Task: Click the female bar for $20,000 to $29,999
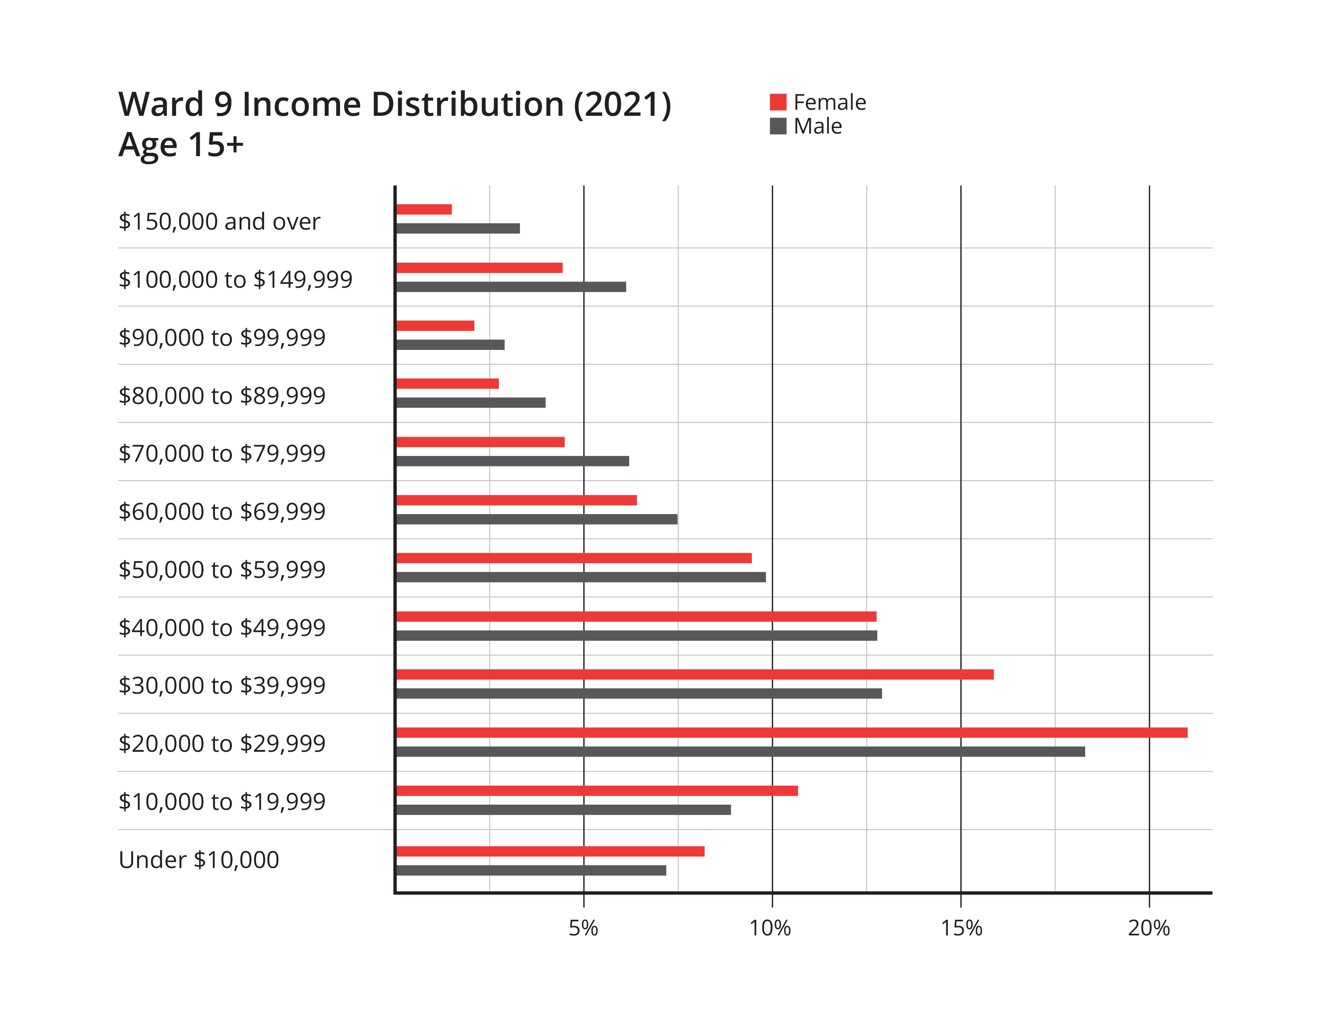(792, 733)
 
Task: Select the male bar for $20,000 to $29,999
(741, 752)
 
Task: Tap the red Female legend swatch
(778, 102)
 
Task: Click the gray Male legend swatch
(778, 127)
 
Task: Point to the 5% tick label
(583, 929)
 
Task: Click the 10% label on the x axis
(770, 929)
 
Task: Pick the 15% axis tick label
(961, 929)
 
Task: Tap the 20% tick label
(1149, 929)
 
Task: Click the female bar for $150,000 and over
(424, 210)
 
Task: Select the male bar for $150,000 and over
(458, 228)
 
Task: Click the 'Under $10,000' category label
(199, 860)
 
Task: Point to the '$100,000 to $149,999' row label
(235, 279)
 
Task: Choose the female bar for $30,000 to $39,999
(695, 675)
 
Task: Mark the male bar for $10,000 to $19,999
(564, 809)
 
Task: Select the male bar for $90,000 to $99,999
(451, 345)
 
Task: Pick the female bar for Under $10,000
(550, 851)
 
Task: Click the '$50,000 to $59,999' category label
(222, 569)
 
